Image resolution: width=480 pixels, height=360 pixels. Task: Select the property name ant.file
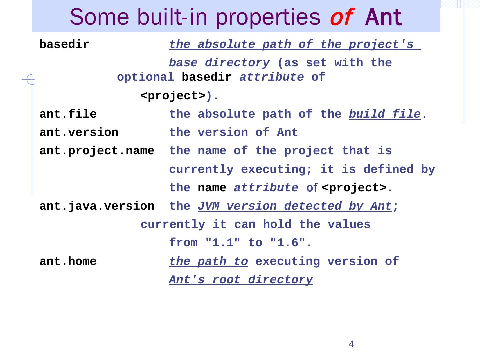click(68, 114)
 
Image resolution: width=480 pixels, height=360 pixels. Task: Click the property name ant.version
click(79, 133)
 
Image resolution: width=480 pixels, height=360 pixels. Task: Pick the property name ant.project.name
click(97, 151)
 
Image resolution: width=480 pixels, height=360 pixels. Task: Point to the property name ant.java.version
click(97, 206)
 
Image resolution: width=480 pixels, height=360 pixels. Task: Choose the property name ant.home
click(68, 262)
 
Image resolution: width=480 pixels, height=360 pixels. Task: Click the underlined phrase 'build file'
click(385, 114)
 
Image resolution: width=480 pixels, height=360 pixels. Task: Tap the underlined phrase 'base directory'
click(219, 63)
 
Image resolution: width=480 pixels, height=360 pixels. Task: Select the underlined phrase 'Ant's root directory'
click(241, 280)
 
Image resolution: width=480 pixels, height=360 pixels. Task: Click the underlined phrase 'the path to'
click(208, 262)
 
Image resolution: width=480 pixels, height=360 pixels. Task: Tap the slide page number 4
click(351, 344)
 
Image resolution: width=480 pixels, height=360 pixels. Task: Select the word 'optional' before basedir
click(145, 77)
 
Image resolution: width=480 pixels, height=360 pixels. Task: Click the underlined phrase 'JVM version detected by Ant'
click(295, 206)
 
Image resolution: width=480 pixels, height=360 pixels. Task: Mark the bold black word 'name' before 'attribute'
click(212, 188)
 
